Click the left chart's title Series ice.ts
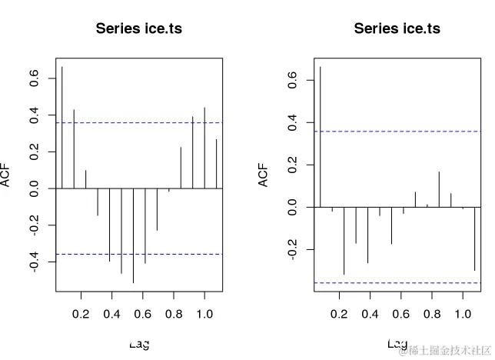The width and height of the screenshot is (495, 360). point(138,29)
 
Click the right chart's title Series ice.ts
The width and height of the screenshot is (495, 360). point(397,29)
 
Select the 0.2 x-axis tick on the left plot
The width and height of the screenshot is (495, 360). point(80,314)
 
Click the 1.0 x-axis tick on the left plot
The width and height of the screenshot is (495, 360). point(204,314)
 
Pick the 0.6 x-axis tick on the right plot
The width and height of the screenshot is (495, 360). point(400,314)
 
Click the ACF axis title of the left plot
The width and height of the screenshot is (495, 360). point(7,175)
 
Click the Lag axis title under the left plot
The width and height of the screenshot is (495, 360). point(138,344)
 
